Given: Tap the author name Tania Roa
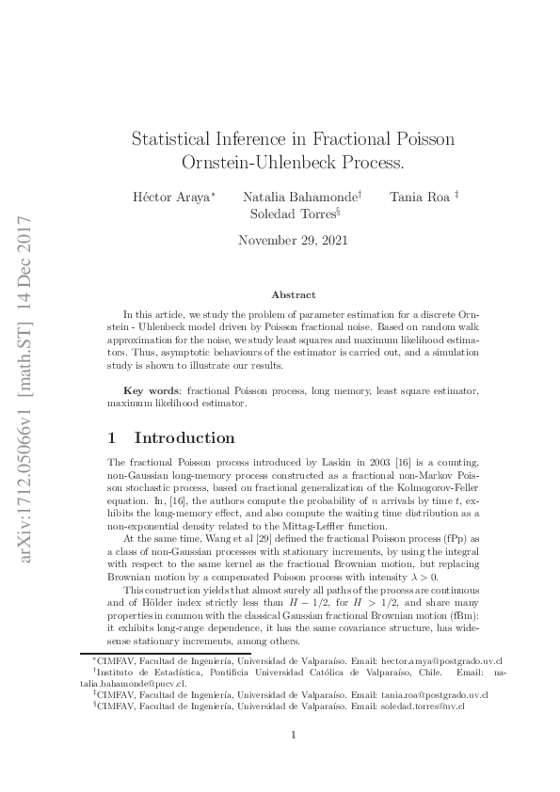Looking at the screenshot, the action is tap(418, 198).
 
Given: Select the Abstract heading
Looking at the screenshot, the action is tap(293, 295).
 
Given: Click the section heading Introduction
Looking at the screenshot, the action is tap(184, 437).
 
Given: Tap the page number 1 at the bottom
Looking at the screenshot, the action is tap(294, 736).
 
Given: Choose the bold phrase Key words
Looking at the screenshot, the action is tap(152, 389).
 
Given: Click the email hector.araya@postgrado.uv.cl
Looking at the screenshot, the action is tap(440, 662).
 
